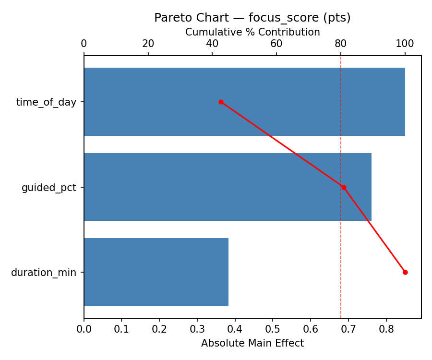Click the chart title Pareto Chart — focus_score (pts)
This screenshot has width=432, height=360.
click(252, 18)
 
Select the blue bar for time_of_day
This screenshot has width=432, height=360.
click(244, 102)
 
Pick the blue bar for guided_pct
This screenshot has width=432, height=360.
click(228, 187)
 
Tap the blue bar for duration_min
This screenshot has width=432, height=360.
click(156, 272)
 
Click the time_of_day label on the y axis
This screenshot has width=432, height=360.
click(46, 102)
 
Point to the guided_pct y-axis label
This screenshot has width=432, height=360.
click(49, 188)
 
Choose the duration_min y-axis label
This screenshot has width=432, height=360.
click(44, 273)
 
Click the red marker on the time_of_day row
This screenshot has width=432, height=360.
click(221, 102)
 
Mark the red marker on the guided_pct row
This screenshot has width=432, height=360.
click(344, 187)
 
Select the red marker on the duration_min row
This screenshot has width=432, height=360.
click(405, 272)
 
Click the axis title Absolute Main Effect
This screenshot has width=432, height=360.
click(252, 343)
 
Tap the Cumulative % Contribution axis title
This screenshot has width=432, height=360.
click(252, 32)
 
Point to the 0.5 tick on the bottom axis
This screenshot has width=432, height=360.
click(273, 329)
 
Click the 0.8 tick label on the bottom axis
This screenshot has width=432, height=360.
click(386, 329)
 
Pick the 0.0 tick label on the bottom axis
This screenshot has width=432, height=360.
click(84, 329)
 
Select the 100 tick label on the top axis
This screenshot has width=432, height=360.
click(405, 44)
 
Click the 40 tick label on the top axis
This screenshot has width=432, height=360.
click(212, 44)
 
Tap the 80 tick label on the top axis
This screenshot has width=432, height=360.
click(341, 44)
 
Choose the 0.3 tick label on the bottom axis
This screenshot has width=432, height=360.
click(197, 329)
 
